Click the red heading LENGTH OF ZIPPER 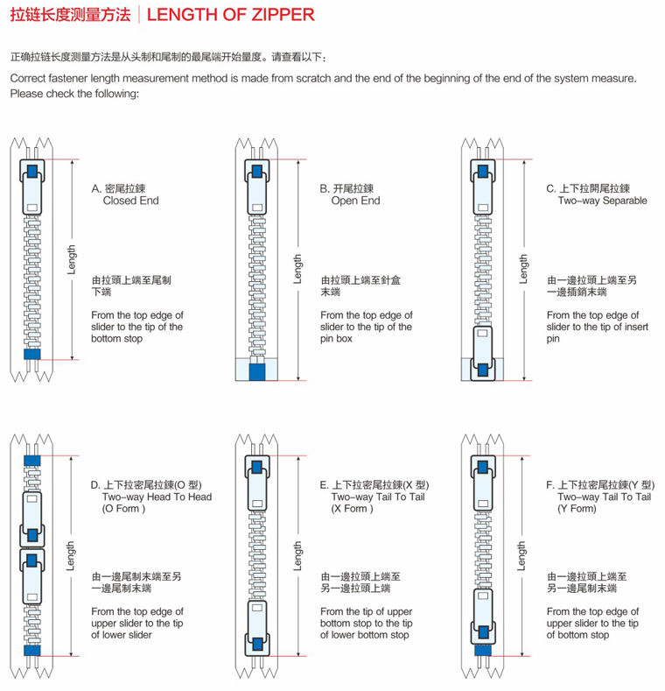(x=230, y=15)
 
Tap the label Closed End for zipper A (x=130, y=201)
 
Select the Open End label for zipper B (x=355, y=201)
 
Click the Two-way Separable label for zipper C (x=603, y=201)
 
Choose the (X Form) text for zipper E (x=352, y=509)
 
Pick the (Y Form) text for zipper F (x=577, y=509)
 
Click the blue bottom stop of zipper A (x=32, y=354)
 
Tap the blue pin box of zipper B (x=257, y=372)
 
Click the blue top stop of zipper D (x=32, y=461)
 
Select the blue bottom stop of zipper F (x=483, y=651)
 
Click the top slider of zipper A (x=32, y=187)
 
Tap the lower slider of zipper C (x=483, y=353)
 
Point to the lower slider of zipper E (x=257, y=628)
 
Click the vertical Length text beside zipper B (x=297, y=269)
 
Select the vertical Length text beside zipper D (x=71, y=556)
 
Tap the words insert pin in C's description (x=597, y=333)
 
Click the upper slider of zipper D (x=32, y=519)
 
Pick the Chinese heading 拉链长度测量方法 (x=71, y=15)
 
